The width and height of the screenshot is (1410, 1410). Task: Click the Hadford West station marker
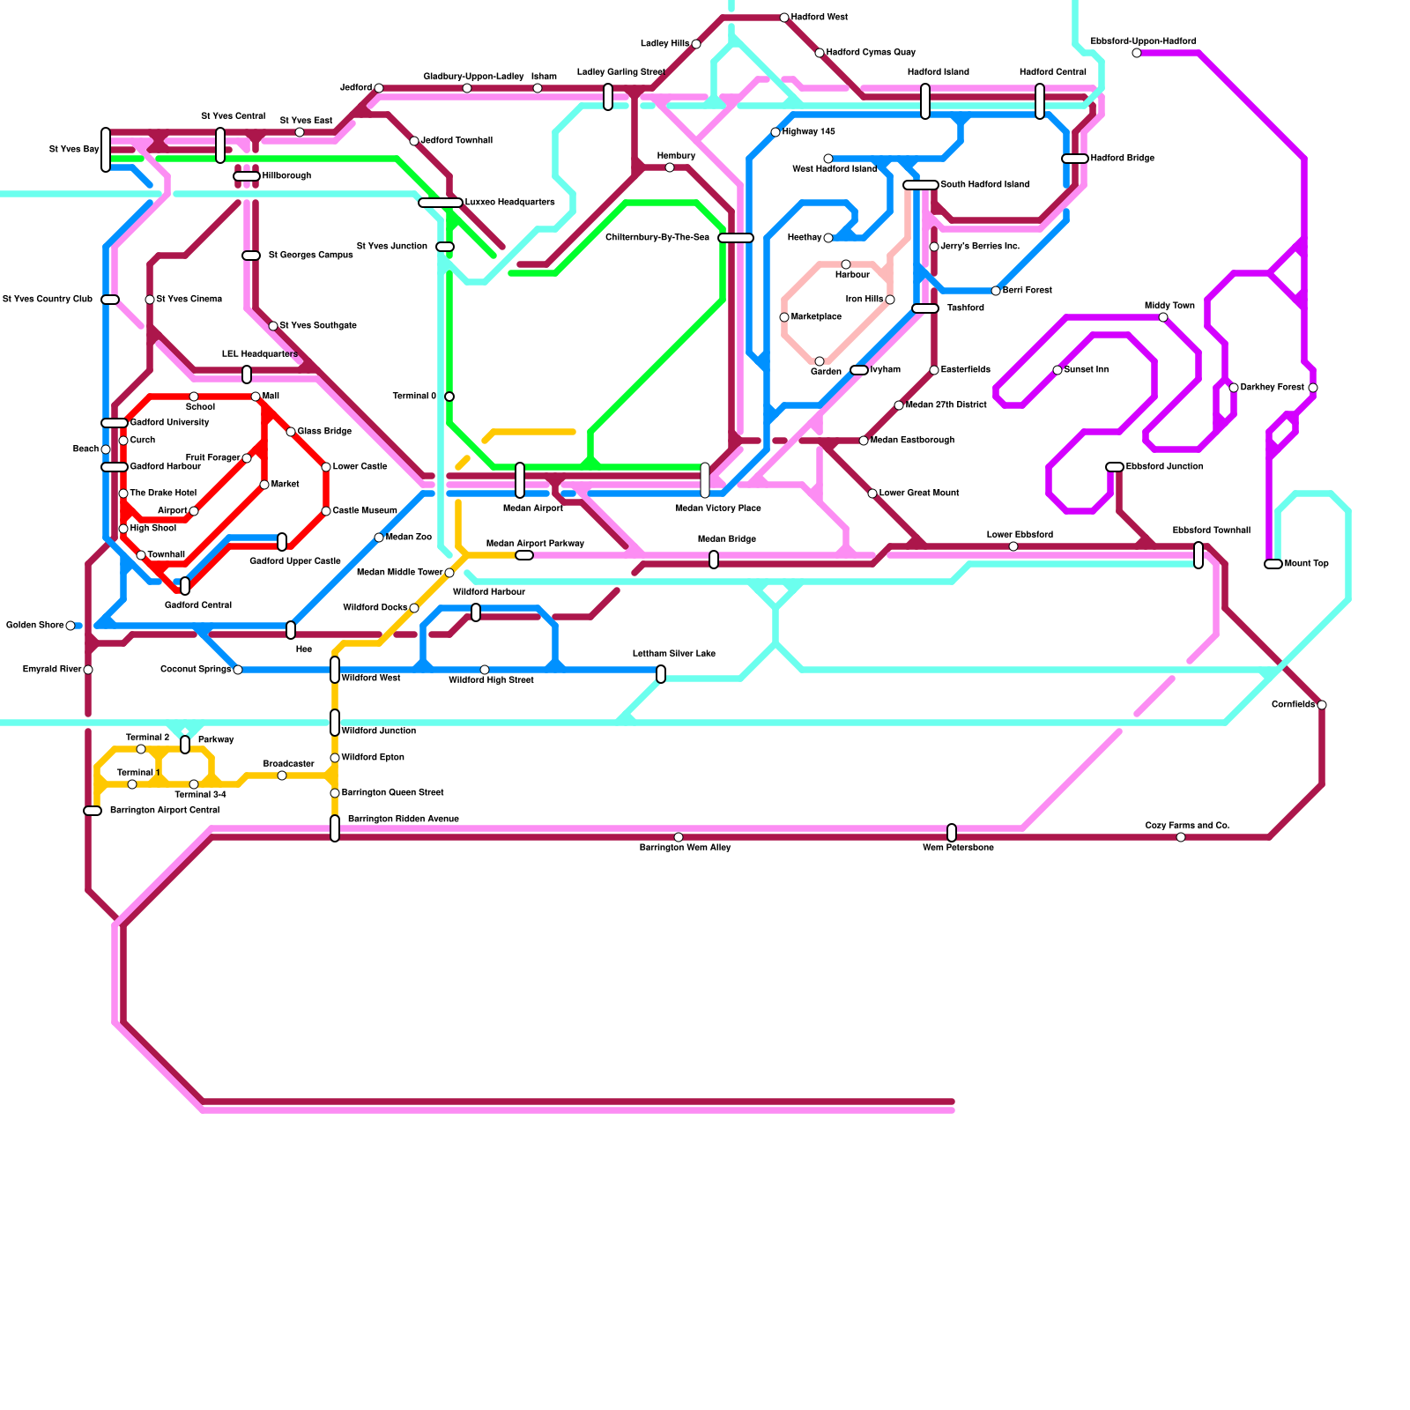click(x=784, y=18)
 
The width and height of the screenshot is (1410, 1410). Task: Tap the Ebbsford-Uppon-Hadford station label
click(x=1143, y=41)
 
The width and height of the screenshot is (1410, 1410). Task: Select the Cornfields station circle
click(x=1322, y=705)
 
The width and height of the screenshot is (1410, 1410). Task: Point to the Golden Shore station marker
click(x=70, y=626)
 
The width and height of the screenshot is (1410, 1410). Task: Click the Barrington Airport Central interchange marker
click(x=93, y=811)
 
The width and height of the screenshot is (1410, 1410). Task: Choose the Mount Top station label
click(x=1306, y=564)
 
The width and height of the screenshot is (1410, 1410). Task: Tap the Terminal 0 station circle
click(x=449, y=397)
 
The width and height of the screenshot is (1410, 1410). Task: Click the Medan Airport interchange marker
click(x=520, y=480)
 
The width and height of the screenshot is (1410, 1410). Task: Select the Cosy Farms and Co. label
click(x=1187, y=826)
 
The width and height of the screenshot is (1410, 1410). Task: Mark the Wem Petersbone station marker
click(x=952, y=833)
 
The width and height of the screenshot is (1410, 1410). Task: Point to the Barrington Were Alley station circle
click(x=679, y=837)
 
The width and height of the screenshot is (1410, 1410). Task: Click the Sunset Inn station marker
click(x=1057, y=370)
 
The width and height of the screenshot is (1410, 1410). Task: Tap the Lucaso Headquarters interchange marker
click(x=441, y=203)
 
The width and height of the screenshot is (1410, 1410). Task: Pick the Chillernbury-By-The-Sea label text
click(x=657, y=238)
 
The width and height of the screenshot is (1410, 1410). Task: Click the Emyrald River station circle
click(x=88, y=670)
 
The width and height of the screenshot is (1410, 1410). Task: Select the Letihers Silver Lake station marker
click(x=661, y=674)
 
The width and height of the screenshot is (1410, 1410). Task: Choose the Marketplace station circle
click(x=784, y=317)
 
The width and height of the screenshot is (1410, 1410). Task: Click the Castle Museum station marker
click(x=326, y=511)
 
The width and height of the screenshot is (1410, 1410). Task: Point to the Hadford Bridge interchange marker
click(x=1075, y=159)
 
